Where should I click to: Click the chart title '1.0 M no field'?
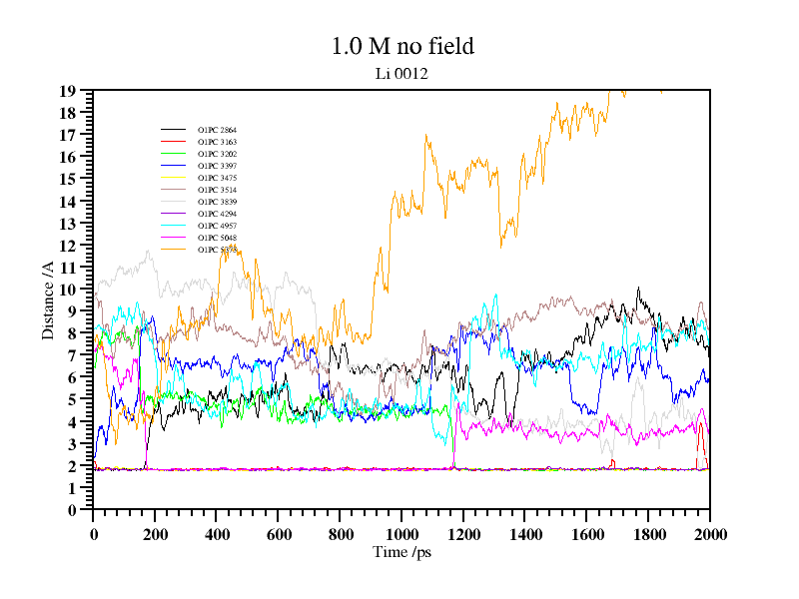point(401,46)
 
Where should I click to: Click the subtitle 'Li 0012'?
point(401,73)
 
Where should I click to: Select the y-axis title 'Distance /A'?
point(48,299)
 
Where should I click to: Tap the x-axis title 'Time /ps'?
point(401,552)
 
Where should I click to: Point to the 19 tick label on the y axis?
point(68,91)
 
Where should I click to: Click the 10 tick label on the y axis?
point(68,290)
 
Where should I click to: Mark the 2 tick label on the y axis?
point(72,466)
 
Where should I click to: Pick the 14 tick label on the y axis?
point(68,202)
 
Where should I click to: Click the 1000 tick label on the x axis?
point(401,534)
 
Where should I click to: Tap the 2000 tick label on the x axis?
point(710,534)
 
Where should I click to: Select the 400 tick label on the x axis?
point(217,534)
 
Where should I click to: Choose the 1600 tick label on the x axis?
point(586,534)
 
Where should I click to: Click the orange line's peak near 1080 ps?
point(426,135)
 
